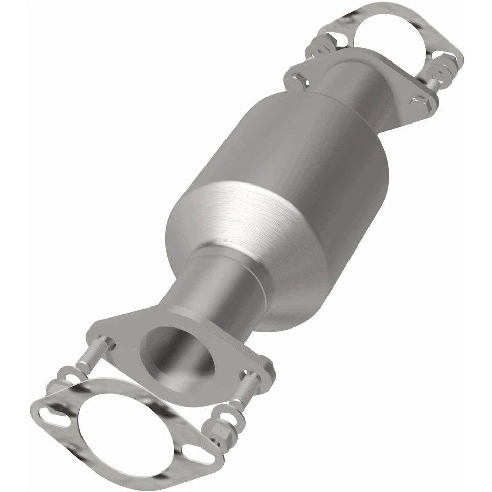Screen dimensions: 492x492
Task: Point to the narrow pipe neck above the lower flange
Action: click(x=215, y=287)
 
